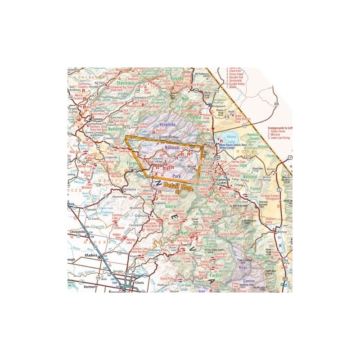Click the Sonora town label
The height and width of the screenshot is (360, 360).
[x=98, y=120]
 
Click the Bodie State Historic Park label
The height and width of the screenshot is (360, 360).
[x=243, y=119]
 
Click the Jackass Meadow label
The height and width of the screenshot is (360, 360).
[x=227, y=234]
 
